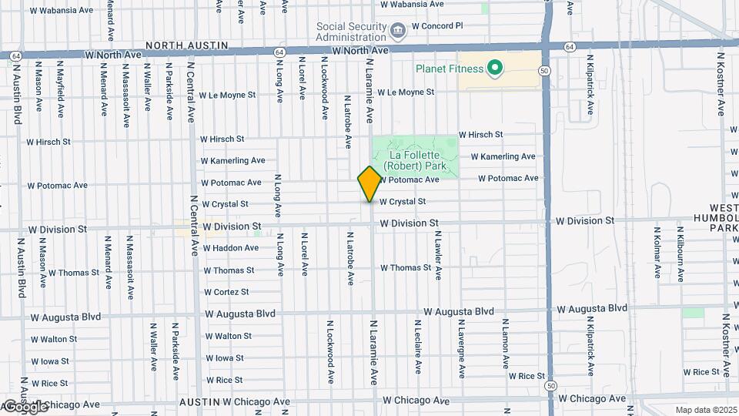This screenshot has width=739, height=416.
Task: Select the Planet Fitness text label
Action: [x=450, y=69]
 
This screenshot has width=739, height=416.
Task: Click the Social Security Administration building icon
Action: [x=398, y=31]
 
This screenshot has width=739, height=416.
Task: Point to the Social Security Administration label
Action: [x=351, y=31]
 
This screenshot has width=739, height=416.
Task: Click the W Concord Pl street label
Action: [x=437, y=25]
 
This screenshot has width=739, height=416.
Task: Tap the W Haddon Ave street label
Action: [x=231, y=248]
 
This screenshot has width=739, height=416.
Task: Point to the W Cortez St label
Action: [x=226, y=292]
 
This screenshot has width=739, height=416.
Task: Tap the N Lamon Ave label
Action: [x=505, y=336]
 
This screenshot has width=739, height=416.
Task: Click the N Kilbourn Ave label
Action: [x=680, y=254]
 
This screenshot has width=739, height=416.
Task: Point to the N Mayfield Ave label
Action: [x=60, y=90]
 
